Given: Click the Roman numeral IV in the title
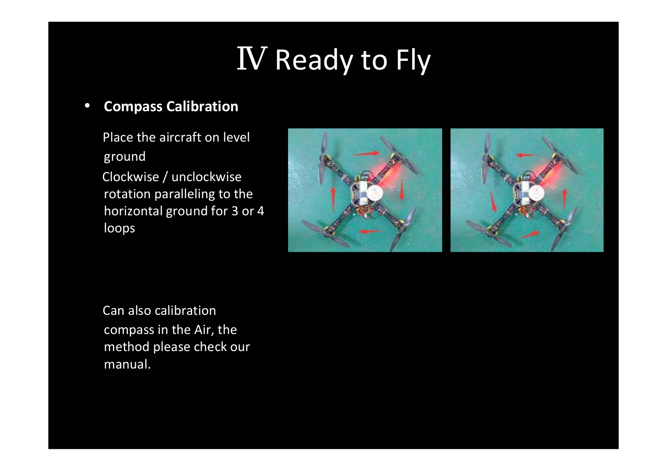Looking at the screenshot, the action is [252, 58].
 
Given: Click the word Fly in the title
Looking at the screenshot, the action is [413, 61].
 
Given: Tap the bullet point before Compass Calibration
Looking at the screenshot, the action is [87, 106].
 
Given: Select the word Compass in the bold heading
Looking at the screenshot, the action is [133, 107].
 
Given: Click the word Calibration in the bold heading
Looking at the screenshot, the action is [202, 106].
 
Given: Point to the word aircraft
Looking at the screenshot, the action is [181, 137].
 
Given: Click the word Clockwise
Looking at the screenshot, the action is [130, 177].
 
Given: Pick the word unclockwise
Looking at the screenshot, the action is [206, 177].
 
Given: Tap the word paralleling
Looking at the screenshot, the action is [185, 194].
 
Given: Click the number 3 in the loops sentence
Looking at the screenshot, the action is [235, 211].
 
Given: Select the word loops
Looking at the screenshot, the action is [119, 229].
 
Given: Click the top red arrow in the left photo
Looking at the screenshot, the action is [366, 154].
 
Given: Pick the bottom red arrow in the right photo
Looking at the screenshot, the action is [530, 234].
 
